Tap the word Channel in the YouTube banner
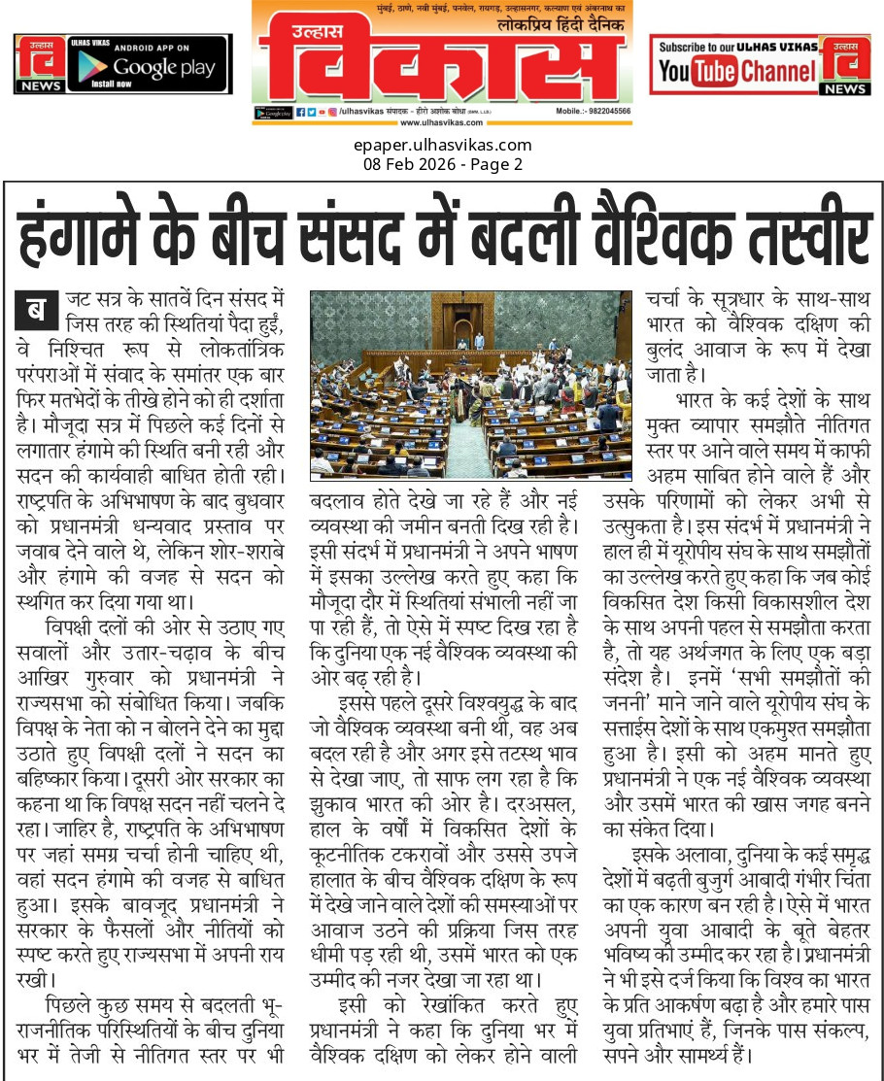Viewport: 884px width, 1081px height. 778,71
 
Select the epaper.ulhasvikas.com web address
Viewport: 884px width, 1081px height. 442,146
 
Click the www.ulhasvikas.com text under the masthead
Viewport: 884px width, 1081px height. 442,122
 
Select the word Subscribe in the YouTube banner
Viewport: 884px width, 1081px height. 688,47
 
